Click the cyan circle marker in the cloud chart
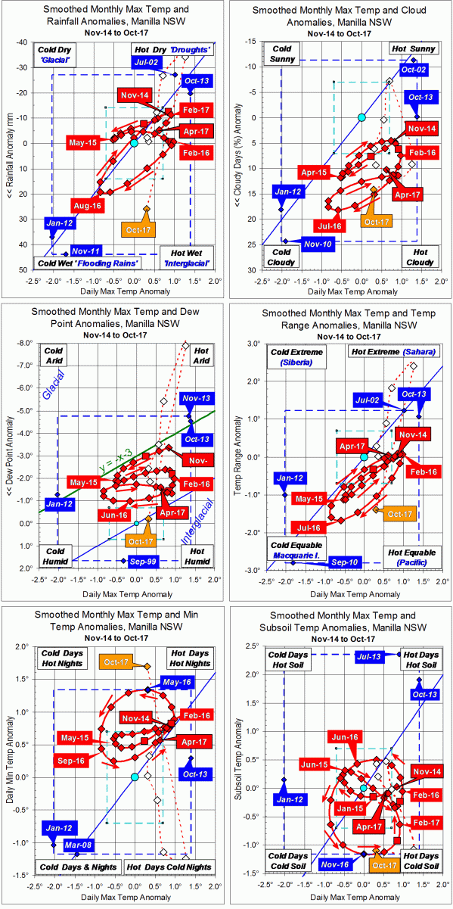coord(361,117)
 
